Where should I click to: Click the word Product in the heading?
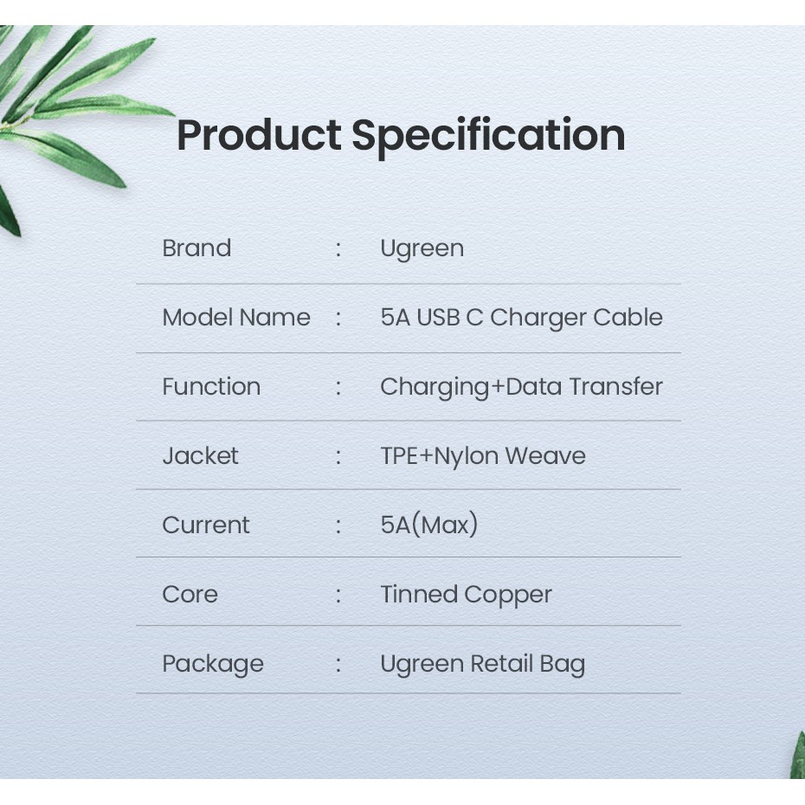(x=260, y=135)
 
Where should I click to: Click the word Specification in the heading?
(x=488, y=137)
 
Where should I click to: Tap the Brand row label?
(x=196, y=248)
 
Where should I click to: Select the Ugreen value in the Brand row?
(x=422, y=249)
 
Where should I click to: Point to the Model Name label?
(x=236, y=318)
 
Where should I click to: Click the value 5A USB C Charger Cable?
(x=522, y=318)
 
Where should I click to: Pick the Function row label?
(x=211, y=387)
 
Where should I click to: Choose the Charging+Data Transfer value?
(x=522, y=388)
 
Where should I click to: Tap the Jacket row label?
(x=200, y=456)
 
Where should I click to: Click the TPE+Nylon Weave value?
(x=483, y=456)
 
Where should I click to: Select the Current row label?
(x=206, y=525)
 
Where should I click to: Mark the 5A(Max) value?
(x=429, y=525)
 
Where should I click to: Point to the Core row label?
(x=190, y=595)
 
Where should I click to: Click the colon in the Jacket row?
(x=338, y=456)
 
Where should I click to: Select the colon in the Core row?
(x=338, y=595)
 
